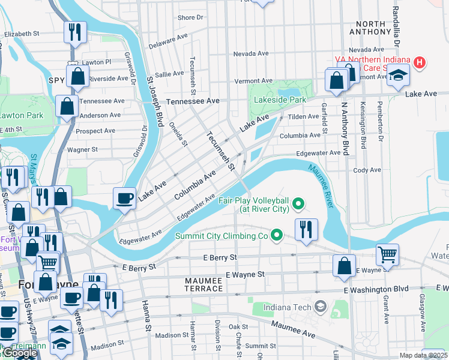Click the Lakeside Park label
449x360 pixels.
tap(280, 100)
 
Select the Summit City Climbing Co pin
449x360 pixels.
tap(276, 236)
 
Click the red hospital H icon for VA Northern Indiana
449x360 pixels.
tap(420, 62)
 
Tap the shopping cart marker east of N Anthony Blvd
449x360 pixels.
tap(388, 254)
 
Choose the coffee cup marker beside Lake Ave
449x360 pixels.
tap(125, 198)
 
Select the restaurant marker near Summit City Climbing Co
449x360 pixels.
tap(306, 229)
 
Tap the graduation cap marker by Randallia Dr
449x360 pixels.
tap(397, 76)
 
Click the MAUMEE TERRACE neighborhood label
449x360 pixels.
tap(195, 289)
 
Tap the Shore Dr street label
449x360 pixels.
tap(190, 18)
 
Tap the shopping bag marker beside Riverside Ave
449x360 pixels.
tap(77, 76)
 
